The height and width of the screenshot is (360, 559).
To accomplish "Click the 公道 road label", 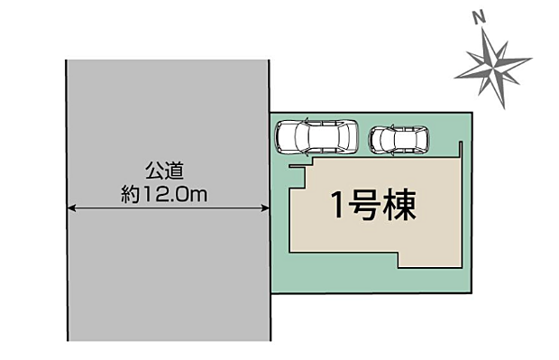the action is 164,171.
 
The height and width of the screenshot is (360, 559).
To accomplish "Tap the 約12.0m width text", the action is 164,194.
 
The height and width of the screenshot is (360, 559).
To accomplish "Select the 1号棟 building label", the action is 373,205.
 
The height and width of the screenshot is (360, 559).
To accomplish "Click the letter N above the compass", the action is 479,17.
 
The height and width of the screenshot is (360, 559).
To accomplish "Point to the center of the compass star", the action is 493,67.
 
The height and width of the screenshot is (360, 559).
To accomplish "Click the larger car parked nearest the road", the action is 316,136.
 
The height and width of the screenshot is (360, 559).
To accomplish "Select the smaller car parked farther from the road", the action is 399,140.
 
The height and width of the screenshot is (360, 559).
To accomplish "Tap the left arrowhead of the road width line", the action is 71,208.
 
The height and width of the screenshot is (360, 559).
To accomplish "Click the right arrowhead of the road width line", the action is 265,208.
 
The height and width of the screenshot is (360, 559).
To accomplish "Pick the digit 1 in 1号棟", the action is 337,205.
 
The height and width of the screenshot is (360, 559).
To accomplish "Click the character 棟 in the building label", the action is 401,205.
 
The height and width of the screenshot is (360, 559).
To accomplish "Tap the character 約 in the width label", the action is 130,195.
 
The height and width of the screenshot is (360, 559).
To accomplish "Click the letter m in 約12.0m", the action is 199,196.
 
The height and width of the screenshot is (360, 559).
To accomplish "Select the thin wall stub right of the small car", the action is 461,150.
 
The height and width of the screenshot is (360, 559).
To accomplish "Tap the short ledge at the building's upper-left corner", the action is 297,166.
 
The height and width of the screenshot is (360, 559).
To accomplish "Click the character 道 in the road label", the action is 174,171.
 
